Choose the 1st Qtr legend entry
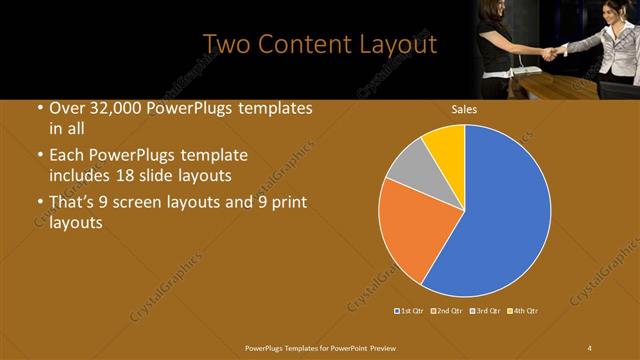tap(408, 311)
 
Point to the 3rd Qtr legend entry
tap(485, 311)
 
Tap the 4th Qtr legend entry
tap(523, 311)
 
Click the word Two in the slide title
tap(226, 44)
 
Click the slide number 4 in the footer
tap(589, 347)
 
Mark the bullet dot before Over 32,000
tap(39, 109)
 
